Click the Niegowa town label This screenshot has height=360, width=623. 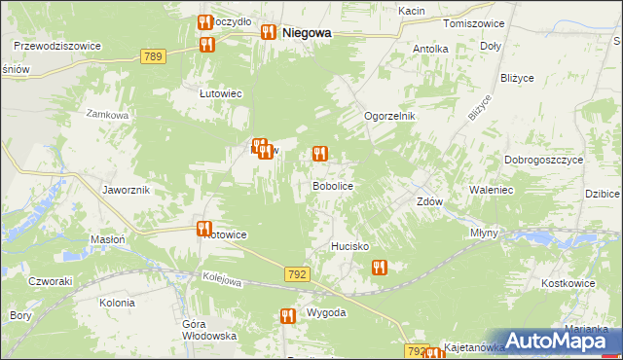point(306,32)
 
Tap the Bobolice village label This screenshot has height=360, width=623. point(331,185)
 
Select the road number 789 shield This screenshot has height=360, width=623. point(151,57)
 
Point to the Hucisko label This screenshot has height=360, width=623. point(349,247)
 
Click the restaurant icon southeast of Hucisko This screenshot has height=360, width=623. point(380,267)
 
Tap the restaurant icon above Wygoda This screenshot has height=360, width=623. point(287,316)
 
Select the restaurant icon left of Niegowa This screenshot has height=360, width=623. point(268,32)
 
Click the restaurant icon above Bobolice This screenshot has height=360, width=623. point(318,154)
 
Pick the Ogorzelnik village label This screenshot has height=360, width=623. point(389,116)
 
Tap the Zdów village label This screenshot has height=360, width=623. point(430,202)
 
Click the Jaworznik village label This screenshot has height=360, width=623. point(126,190)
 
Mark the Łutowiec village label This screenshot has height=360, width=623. point(220,93)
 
